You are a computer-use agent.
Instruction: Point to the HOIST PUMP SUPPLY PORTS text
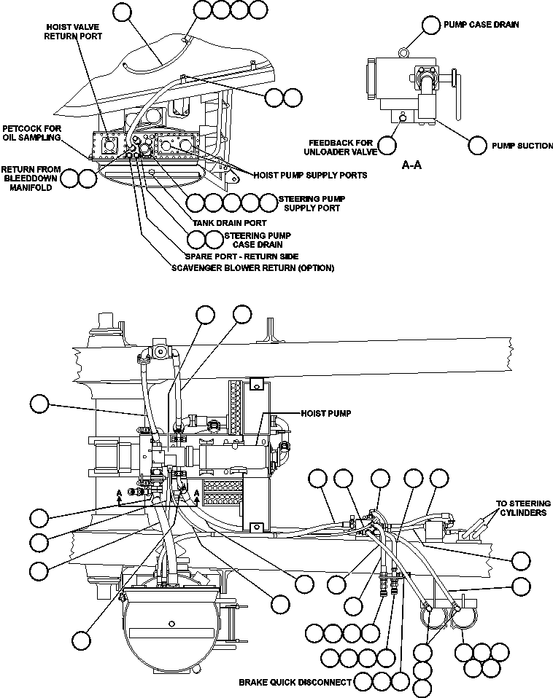[310, 176]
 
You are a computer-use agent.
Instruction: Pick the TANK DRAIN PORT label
[229, 223]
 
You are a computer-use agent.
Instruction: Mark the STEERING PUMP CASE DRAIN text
[257, 240]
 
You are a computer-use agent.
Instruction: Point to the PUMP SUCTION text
[522, 146]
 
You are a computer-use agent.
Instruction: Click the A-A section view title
[412, 165]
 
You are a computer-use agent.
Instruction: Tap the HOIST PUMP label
[326, 413]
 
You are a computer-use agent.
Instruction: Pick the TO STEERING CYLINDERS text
[523, 508]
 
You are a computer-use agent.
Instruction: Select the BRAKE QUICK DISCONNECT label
[295, 683]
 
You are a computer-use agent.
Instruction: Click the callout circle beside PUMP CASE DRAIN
[431, 25]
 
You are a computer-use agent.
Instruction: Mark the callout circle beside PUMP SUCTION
[477, 145]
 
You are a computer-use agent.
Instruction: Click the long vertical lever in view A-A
[457, 94]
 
